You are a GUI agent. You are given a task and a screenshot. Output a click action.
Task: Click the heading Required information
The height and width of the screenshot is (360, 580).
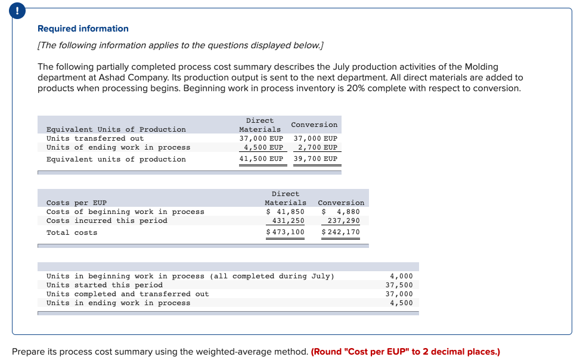[83, 29]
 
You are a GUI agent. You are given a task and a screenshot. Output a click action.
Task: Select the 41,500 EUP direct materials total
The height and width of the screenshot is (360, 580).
[261, 159]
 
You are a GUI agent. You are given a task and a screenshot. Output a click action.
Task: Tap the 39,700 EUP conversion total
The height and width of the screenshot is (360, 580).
[315, 159]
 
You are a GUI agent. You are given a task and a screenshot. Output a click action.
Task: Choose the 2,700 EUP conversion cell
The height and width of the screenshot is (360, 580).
[318, 147]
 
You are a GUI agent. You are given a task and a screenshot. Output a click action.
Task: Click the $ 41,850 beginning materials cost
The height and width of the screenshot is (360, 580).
[285, 212]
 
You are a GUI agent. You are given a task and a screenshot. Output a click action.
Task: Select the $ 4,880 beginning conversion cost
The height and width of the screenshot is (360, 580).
[341, 212]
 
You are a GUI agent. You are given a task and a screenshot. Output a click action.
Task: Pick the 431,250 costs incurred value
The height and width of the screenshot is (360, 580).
[288, 221]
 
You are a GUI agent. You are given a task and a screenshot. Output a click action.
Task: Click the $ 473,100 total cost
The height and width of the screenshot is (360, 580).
[285, 232]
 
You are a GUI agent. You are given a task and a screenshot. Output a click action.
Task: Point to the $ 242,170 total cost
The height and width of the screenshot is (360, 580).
[340, 232]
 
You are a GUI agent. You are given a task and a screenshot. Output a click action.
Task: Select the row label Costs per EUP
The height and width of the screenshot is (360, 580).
[76, 203]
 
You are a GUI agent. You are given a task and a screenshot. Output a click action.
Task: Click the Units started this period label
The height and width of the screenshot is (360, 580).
[104, 285]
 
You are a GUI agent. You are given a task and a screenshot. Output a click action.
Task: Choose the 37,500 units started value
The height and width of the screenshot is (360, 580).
[399, 285]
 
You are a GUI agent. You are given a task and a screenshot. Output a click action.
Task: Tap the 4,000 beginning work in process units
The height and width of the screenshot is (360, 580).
[401, 276]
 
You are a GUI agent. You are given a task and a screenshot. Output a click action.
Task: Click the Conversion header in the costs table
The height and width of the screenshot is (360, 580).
[341, 203]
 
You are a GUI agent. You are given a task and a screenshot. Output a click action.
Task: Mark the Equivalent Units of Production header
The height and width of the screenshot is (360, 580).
[116, 129]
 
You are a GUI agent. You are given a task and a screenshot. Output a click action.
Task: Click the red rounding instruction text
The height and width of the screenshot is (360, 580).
[405, 352]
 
